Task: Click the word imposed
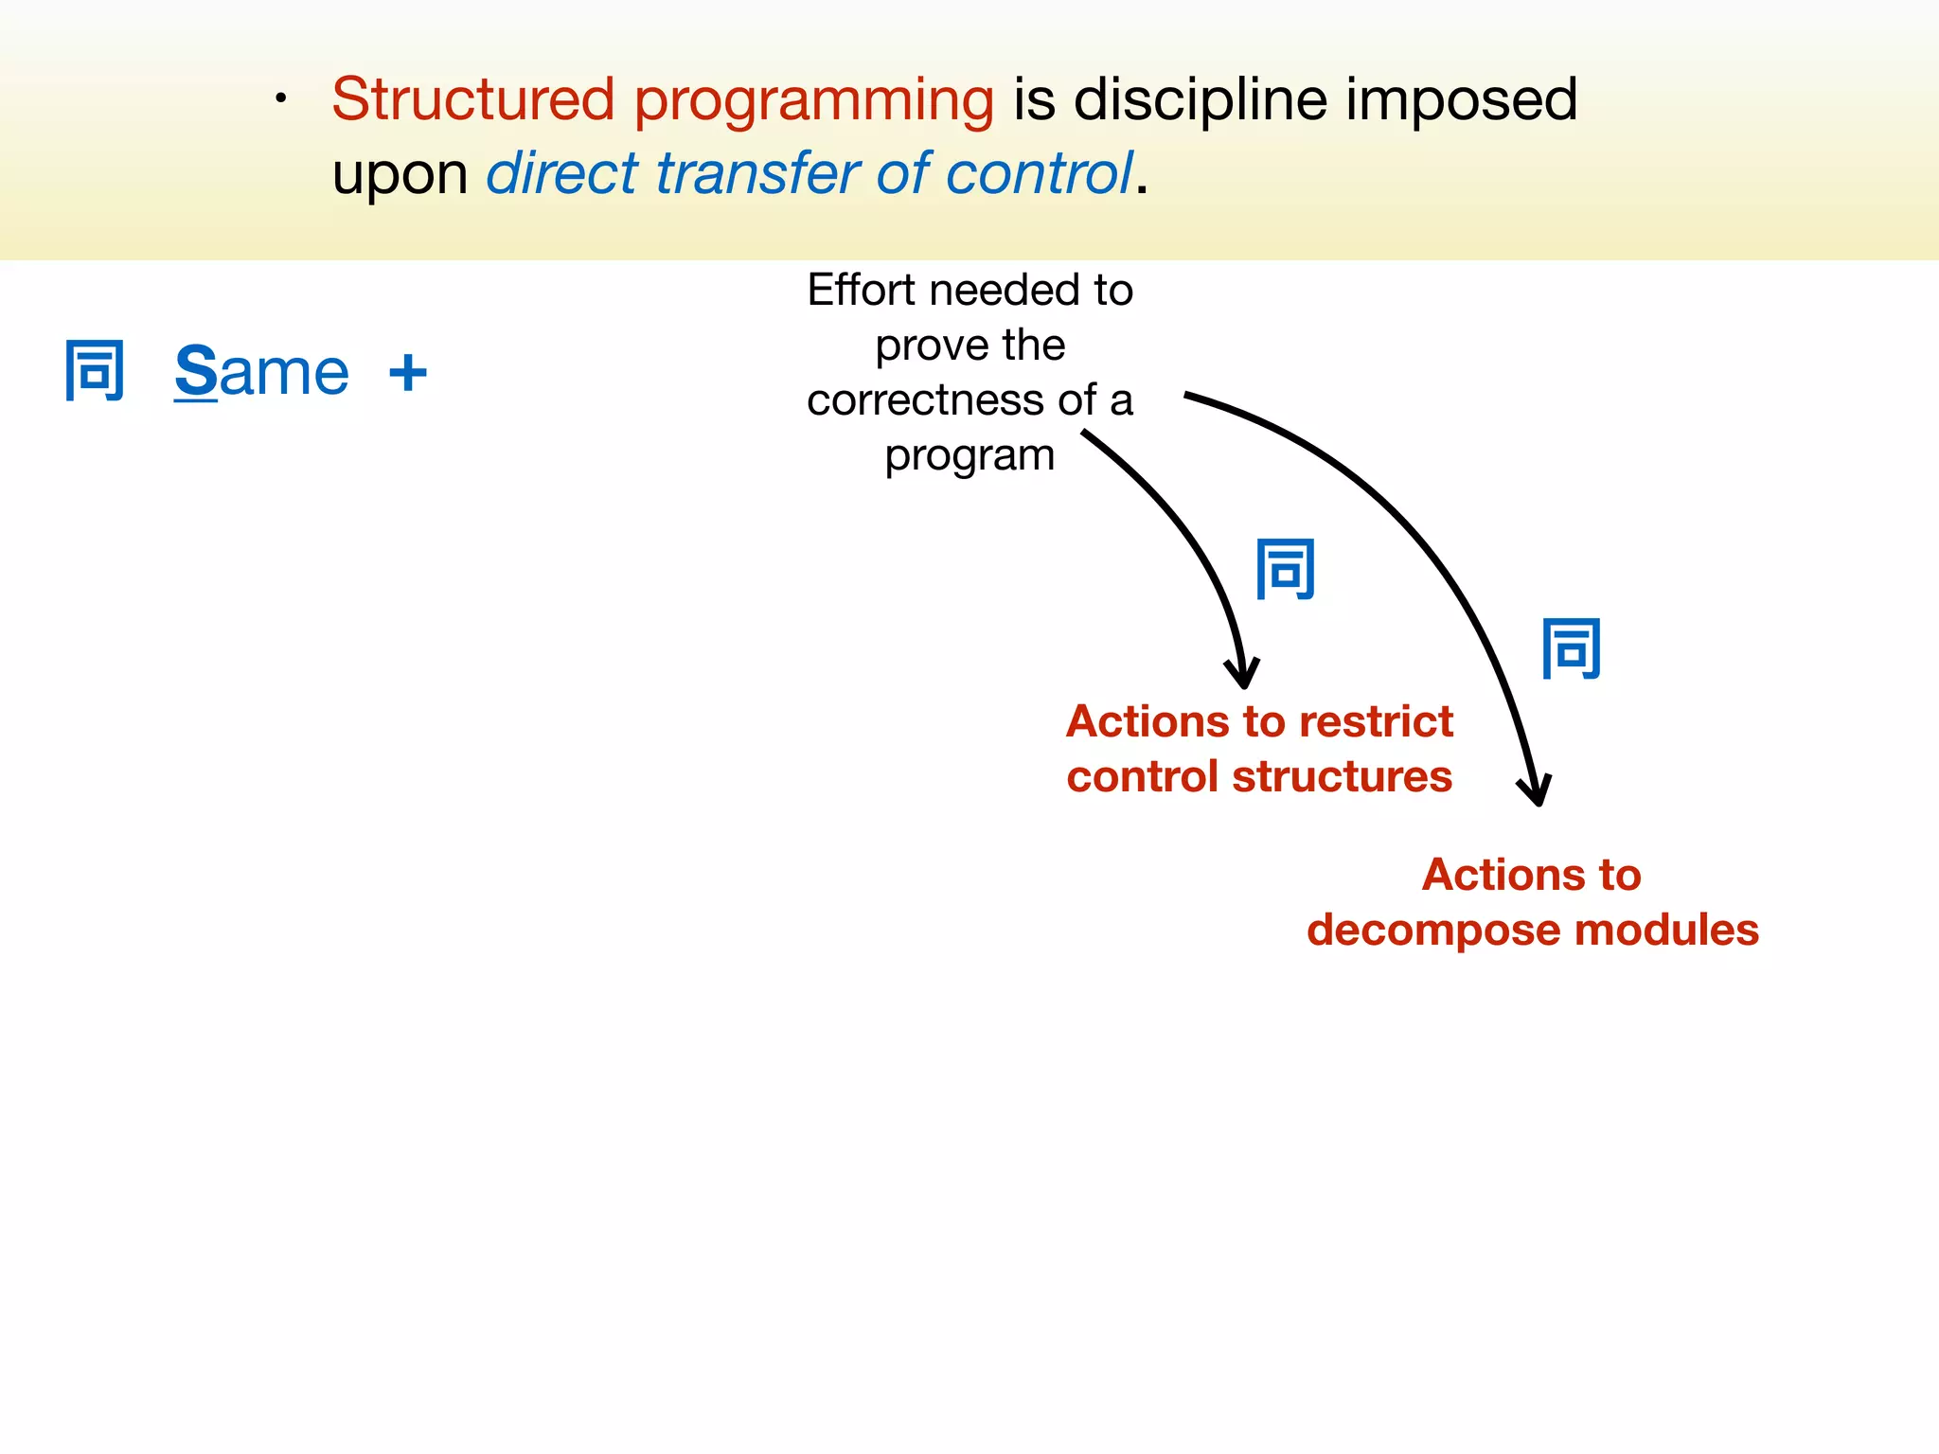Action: [1462, 100]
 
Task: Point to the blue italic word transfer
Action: [757, 173]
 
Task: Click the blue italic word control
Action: [1039, 173]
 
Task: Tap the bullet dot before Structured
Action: [280, 98]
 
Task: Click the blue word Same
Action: [262, 372]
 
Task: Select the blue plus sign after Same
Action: [408, 372]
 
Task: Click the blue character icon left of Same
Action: [95, 370]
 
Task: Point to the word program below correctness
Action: [969, 455]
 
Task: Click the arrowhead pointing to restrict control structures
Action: [1242, 674]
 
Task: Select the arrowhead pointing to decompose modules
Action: [1537, 791]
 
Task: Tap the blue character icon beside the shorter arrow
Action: [1286, 569]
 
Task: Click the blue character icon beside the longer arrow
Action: [1572, 648]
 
